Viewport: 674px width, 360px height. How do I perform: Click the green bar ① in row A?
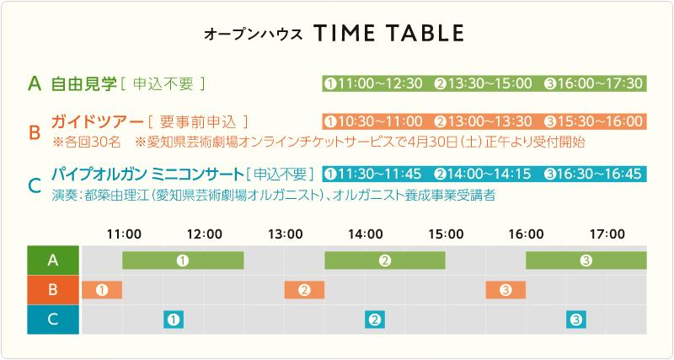point(183,261)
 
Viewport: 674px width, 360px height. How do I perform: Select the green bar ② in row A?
point(385,261)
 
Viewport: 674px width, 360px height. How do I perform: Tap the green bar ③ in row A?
point(586,261)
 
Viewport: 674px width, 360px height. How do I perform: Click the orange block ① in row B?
point(102,290)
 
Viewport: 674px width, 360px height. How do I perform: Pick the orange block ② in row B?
point(304,290)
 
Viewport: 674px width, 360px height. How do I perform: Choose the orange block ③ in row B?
point(506,290)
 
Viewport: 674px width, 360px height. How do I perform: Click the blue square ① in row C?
point(174,320)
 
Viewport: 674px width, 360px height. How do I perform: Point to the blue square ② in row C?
point(375,320)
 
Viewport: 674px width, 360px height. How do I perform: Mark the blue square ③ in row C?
point(576,320)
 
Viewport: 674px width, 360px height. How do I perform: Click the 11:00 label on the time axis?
point(124,234)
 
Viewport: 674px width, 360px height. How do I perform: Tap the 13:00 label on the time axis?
point(286,234)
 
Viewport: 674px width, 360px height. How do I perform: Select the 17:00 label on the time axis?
point(607,234)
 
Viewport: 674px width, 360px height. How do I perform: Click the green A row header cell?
point(53,261)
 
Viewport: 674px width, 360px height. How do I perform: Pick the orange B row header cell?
point(53,290)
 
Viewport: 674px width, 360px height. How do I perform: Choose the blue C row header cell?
point(53,320)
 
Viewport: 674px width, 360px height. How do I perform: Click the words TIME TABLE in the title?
point(388,33)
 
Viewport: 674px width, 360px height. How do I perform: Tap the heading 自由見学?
point(83,83)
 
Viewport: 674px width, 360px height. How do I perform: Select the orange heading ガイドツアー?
point(97,121)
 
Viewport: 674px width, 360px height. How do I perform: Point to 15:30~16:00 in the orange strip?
point(600,121)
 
